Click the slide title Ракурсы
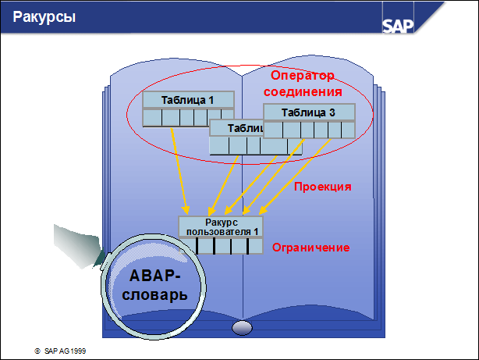pos(44,17)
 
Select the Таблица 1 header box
pos(188,100)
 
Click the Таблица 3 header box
pos(308,112)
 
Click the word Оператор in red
pos(302,77)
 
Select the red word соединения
pos(303,92)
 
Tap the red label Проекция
pos(322,187)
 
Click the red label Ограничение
pos(310,248)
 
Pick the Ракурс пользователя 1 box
pos(221,226)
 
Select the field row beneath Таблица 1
pos(188,117)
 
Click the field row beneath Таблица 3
pos(308,130)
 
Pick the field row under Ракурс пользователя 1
pos(221,246)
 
